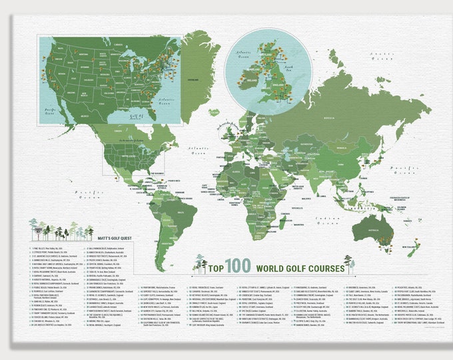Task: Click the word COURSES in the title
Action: coord(318,269)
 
